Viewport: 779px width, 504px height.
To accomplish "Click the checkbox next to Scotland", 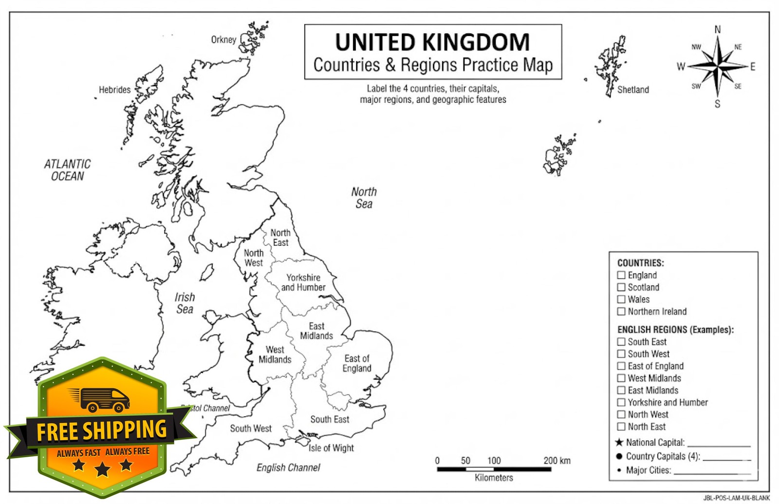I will pyautogui.click(x=621, y=287).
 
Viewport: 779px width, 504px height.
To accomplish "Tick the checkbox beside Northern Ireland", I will pyautogui.click(x=621, y=312).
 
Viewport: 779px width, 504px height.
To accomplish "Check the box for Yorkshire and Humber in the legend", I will pyautogui.click(x=621, y=402).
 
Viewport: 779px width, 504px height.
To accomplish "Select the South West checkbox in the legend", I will pyautogui.click(x=621, y=354).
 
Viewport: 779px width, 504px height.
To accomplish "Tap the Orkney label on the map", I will pyautogui.click(x=223, y=39).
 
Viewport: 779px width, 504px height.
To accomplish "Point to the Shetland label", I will pyautogui.click(x=633, y=90).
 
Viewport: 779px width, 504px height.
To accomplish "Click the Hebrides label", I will pyautogui.click(x=114, y=90).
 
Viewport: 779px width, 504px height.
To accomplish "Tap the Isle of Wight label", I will pyautogui.click(x=331, y=448).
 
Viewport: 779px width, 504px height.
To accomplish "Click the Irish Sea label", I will pyautogui.click(x=185, y=303).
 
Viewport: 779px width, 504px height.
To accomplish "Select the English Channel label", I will pyautogui.click(x=288, y=467).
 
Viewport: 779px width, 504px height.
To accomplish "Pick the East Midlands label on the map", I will pyautogui.click(x=316, y=331).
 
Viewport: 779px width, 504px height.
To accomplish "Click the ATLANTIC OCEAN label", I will pyautogui.click(x=67, y=170).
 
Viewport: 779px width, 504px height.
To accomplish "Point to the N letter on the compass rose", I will pyautogui.click(x=717, y=30).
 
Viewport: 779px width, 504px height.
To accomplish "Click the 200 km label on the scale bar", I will pyautogui.click(x=557, y=461).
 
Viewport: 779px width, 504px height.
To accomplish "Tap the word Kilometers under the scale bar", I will pyautogui.click(x=494, y=478).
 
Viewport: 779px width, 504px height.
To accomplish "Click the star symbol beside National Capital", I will pyautogui.click(x=619, y=442).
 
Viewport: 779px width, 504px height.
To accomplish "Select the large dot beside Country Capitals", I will pyautogui.click(x=619, y=456).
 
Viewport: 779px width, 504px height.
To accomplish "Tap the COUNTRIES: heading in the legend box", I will pyautogui.click(x=640, y=263).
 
